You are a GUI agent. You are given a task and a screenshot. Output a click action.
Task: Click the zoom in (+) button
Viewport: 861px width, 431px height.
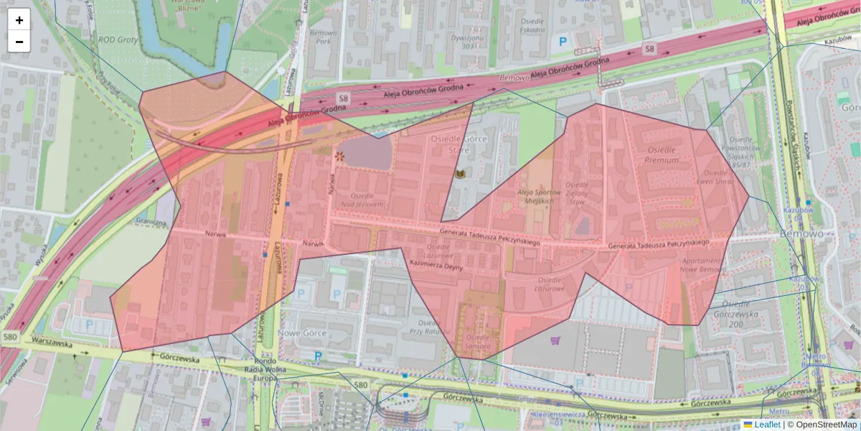[19, 20]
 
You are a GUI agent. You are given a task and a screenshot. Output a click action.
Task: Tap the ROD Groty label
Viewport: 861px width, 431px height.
[118, 41]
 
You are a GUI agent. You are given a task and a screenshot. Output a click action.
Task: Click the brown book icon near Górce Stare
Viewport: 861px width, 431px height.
[461, 175]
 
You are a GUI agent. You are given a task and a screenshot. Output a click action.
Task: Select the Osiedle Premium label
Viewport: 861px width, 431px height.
[662, 154]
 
